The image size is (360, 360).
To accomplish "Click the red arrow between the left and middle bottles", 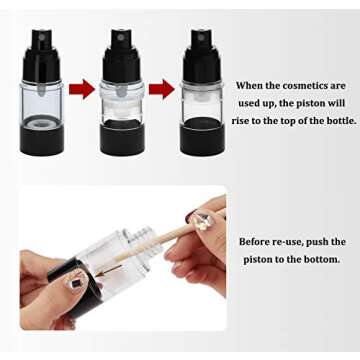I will coord(82,90).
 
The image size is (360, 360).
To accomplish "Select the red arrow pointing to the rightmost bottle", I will coord(161,90).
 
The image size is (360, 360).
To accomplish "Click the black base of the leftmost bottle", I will coord(42,136).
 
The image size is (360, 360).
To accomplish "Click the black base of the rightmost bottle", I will coord(201,136).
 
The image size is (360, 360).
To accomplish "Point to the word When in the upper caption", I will coord(253,87).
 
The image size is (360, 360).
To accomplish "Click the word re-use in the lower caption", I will coord(301,242).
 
